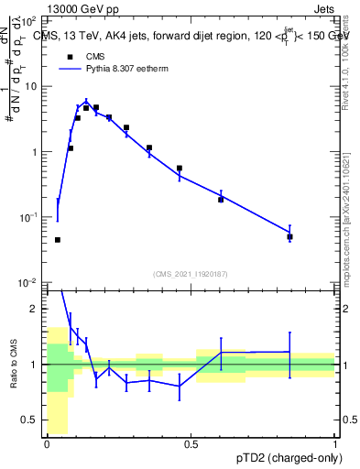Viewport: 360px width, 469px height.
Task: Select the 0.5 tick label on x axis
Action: click(x=191, y=445)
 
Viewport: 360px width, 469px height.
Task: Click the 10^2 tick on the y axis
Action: click(x=28, y=19)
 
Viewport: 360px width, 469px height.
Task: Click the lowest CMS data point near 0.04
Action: click(x=58, y=240)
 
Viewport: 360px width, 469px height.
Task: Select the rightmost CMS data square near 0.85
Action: click(x=289, y=236)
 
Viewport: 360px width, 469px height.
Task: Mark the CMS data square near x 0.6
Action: click(x=221, y=199)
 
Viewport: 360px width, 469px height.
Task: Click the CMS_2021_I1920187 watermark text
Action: click(x=191, y=274)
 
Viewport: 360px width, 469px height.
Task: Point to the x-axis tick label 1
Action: click(x=334, y=445)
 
